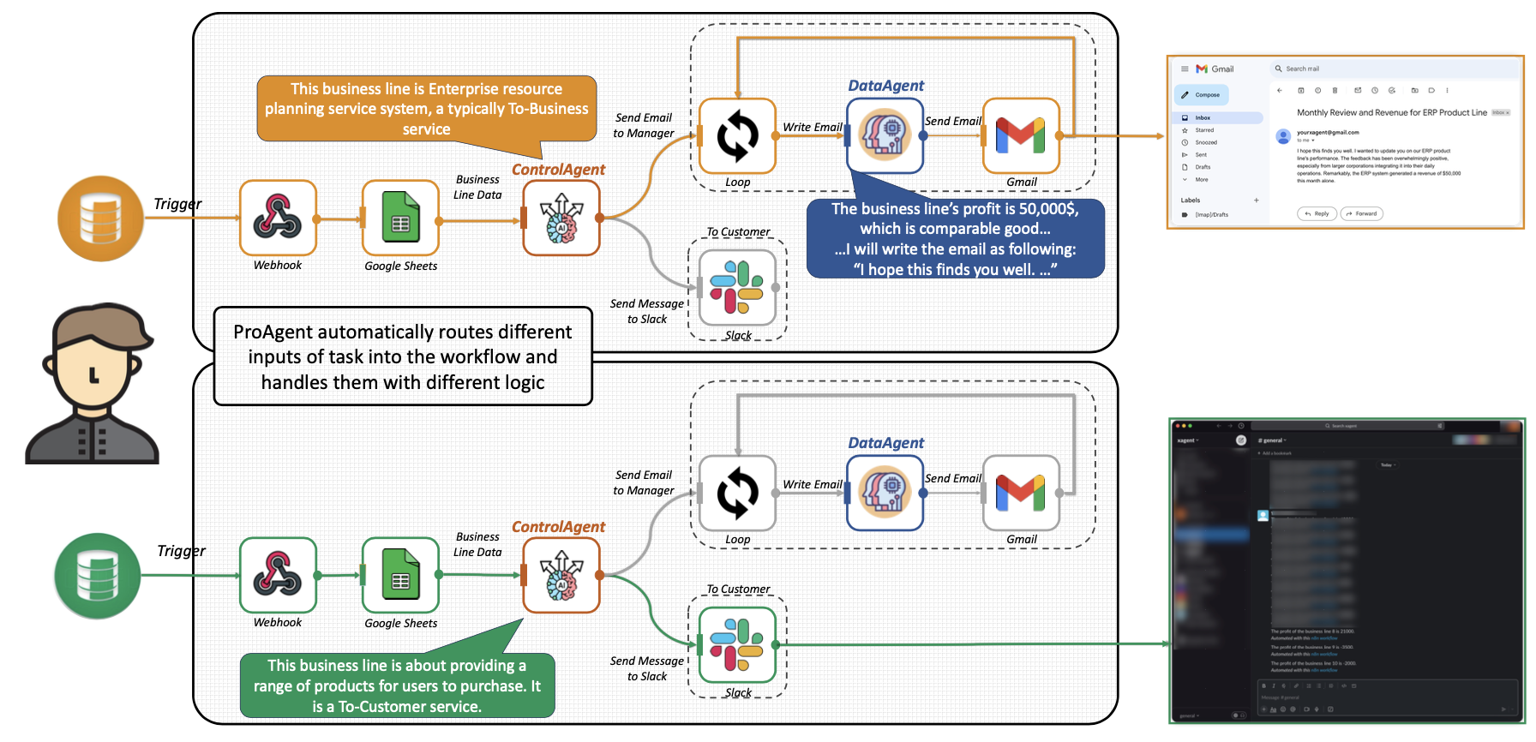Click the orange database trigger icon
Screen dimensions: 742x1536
pos(100,218)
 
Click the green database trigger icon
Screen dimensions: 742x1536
pos(97,576)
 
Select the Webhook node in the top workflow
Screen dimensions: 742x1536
pos(278,218)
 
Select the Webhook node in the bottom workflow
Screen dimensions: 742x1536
pos(278,575)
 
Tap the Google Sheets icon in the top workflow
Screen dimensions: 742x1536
pos(400,218)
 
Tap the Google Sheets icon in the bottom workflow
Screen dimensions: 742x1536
pos(400,576)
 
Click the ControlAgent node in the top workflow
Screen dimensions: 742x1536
pos(561,218)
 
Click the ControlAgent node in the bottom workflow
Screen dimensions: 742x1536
pos(561,575)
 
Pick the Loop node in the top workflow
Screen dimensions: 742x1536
pos(737,136)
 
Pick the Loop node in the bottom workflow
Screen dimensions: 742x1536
pos(737,494)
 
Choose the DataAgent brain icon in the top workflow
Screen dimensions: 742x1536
pos(885,135)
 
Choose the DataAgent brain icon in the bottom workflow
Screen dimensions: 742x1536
pos(885,493)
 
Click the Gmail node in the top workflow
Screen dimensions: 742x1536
pos(1021,136)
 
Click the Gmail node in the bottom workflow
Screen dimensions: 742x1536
pos(1021,494)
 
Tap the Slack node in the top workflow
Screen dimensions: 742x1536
pos(737,287)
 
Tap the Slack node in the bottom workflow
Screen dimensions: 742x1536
pos(737,644)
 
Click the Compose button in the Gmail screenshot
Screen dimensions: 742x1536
pos(1203,95)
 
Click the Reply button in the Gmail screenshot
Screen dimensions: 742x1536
pos(1317,213)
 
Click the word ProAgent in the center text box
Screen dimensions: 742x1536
pos(273,332)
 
